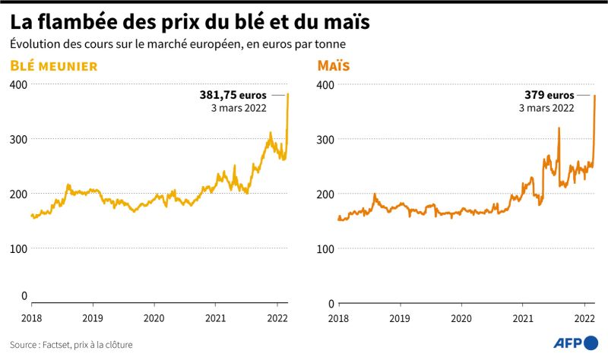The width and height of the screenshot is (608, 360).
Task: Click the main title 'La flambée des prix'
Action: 190,21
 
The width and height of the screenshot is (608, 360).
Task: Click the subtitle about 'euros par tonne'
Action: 183,46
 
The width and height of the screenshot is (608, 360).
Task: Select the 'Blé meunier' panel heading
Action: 53,66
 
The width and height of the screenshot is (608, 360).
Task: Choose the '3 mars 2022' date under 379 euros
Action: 546,109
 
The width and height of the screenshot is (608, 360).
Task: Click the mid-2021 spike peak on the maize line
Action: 559,128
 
